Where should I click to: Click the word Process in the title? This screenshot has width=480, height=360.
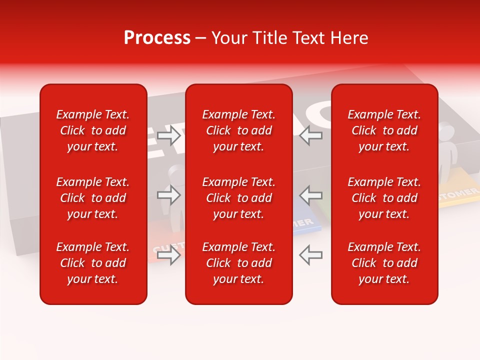pyautogui.click(x=157, y=38)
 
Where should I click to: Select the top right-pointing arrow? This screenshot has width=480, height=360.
pyautogui.click(x=169, y=135)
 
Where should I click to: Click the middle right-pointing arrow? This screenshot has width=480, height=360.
pyautogui.click(x=169, y=195)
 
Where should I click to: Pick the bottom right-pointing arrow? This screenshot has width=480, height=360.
pyautogui.click(x=169, y=255)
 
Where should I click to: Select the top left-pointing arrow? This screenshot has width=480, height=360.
pyautogui.click(x=310, y=135)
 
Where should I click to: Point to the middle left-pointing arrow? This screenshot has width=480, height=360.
pyautogui.click(x=310, y=195)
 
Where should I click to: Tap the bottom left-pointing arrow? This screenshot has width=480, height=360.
pyautogui.click(x=310, y=255)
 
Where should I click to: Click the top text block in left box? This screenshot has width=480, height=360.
pyautogui.click(x=93, y=130)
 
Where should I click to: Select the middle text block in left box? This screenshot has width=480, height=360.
pyautogui.click(x=93, y=198)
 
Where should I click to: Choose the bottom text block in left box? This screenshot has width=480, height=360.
pyautogui.click(x=93, y=263)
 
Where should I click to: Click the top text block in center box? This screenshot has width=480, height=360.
pyautogui.click(x=238, y=130)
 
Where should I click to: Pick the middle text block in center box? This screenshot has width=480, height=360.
pyautogui.click(x=238, y=198)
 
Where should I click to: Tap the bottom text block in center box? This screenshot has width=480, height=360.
pyautogui.click(x=238, y=263)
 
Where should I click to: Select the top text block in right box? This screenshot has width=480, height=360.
pyautogui.click(x=384, y=130)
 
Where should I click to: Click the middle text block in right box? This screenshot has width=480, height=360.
pyautogui.click(x=384, y=198)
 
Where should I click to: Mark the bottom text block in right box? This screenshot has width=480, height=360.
pyautogui.click(x=384, y=263)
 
